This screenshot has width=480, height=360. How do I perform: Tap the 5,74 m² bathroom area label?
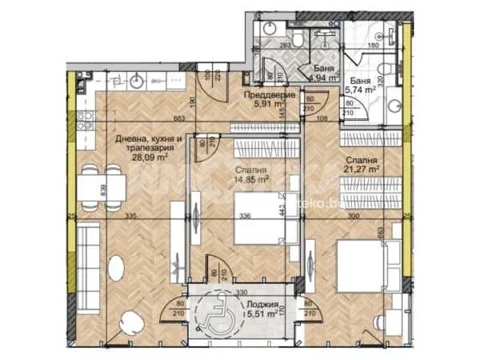coord(360,91)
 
